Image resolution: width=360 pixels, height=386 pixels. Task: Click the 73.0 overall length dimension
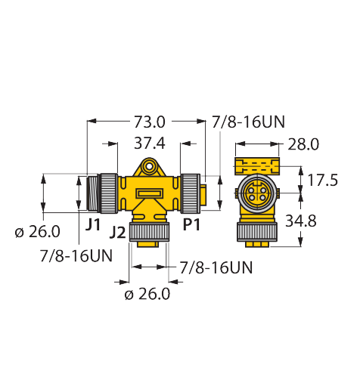(x=149, y=122)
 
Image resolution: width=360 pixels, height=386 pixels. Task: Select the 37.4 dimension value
(x=150, y=144)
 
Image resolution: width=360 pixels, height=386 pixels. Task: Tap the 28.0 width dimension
(x=303, y=144)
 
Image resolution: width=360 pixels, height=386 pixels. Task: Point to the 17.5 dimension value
(x=322, y=181)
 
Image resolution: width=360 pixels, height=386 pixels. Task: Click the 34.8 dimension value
(x=301, y=221)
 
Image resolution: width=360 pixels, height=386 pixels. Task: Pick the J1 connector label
(x=93, y=224)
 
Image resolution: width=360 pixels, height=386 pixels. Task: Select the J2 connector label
(x=117, y=233)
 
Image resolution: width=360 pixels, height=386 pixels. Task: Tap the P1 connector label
(x=191, y=224)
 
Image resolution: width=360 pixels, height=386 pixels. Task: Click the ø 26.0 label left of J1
(x=38, y=231)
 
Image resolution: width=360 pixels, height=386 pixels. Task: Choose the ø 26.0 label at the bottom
(x=147, y=294)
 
